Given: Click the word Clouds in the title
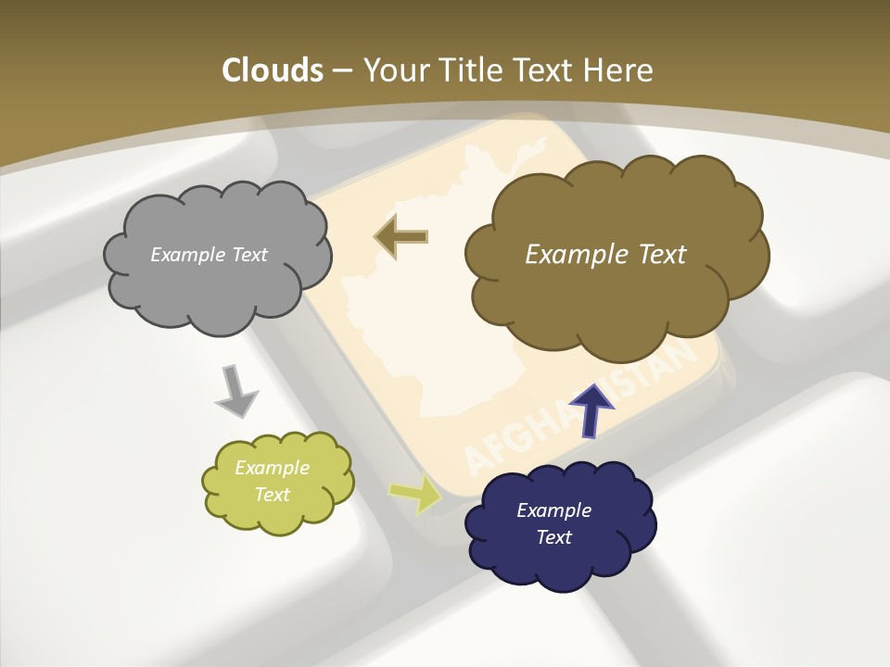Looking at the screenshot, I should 272,70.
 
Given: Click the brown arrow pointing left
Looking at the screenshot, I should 400,237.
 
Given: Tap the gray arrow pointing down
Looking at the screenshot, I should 235,391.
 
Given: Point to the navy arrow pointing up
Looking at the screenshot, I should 591,409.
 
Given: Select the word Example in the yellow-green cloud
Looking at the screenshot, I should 272,468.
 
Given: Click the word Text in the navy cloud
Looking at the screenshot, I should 554,537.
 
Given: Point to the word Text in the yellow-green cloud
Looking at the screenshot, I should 272,495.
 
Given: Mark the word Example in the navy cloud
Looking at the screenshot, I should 553,510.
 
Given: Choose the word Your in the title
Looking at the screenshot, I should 391,70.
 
